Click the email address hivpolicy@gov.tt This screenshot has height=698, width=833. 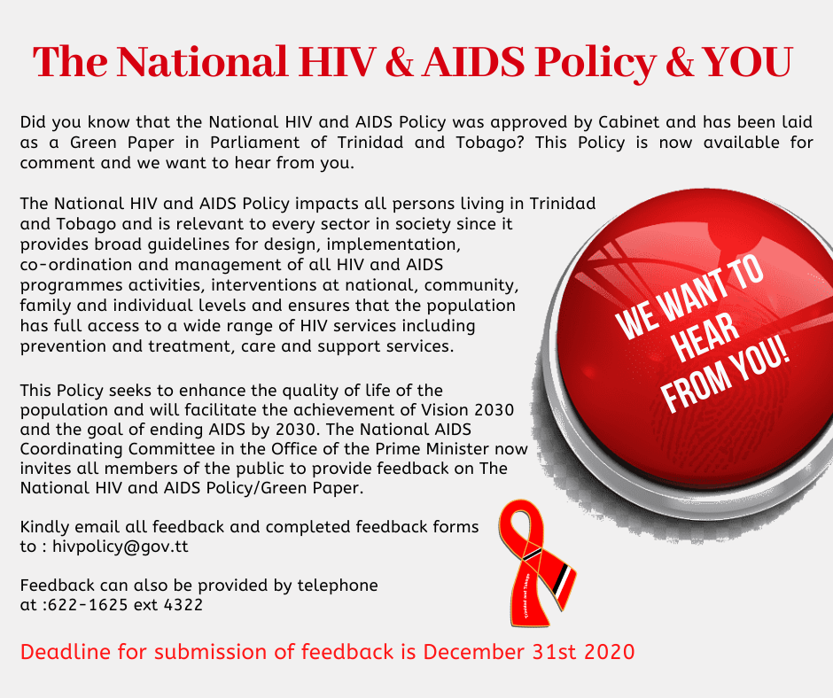tap(120, 547)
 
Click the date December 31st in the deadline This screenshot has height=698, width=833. tap(500, 652)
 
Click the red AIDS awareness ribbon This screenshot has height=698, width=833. tap(536, 563)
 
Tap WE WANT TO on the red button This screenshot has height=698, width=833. tap(689, 298)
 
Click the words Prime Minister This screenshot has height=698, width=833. tap(432, 449)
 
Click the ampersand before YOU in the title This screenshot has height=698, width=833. tap(680, 63)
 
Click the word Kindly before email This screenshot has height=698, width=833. tap(45, 527)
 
